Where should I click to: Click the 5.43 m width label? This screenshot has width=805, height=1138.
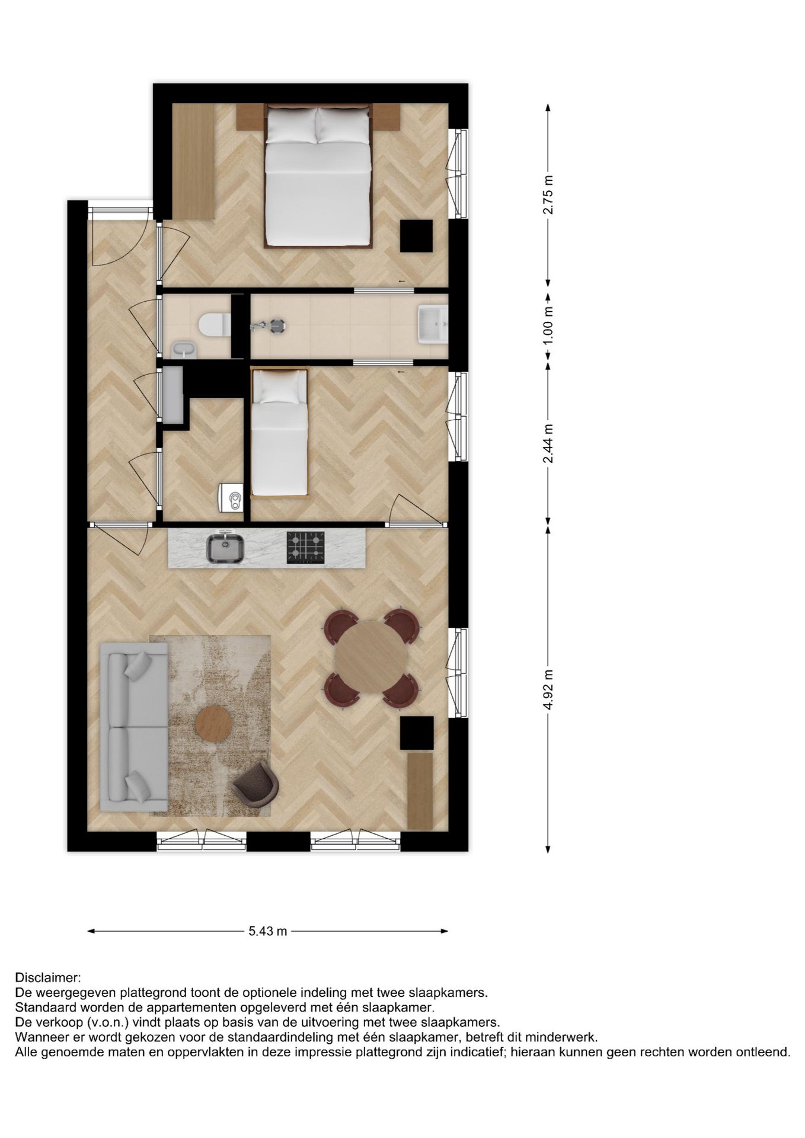(267, 931)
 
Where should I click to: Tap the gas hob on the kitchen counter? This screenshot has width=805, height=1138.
(306, 547)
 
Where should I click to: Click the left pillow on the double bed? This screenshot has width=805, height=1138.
(290, 125)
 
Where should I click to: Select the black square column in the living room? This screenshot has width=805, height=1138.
(417, 733)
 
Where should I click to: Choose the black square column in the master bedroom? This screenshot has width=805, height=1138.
(416, 235)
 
